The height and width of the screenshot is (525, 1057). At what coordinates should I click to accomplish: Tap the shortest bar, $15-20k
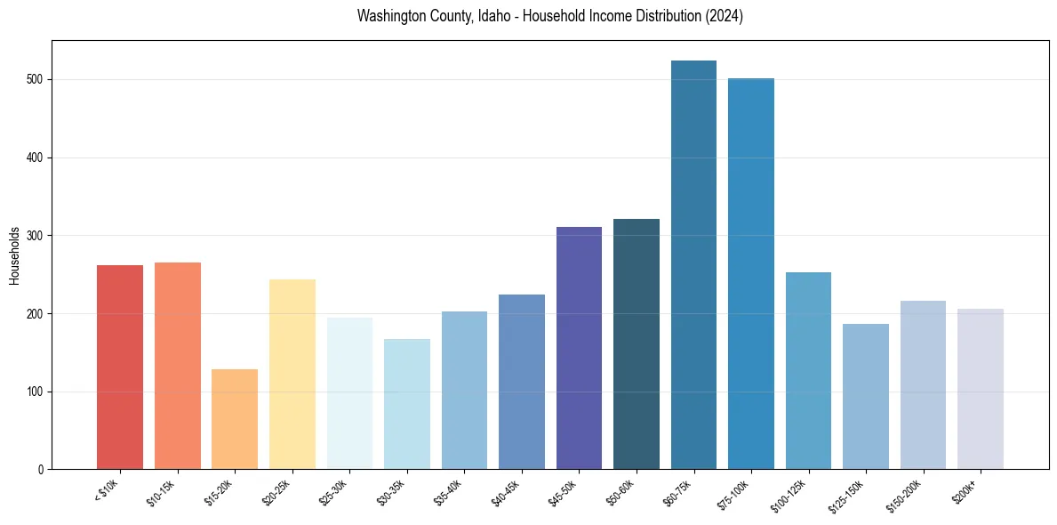(235, 419)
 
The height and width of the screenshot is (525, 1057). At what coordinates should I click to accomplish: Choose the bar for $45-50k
(579, 348)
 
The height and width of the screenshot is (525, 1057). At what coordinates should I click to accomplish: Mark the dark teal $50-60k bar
(637, 343)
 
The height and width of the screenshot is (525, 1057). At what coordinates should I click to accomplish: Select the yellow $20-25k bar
(292, 374)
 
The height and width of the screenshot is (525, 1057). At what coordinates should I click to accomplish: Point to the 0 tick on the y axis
(43, 470)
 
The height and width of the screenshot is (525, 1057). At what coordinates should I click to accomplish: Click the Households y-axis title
(14, 255)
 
